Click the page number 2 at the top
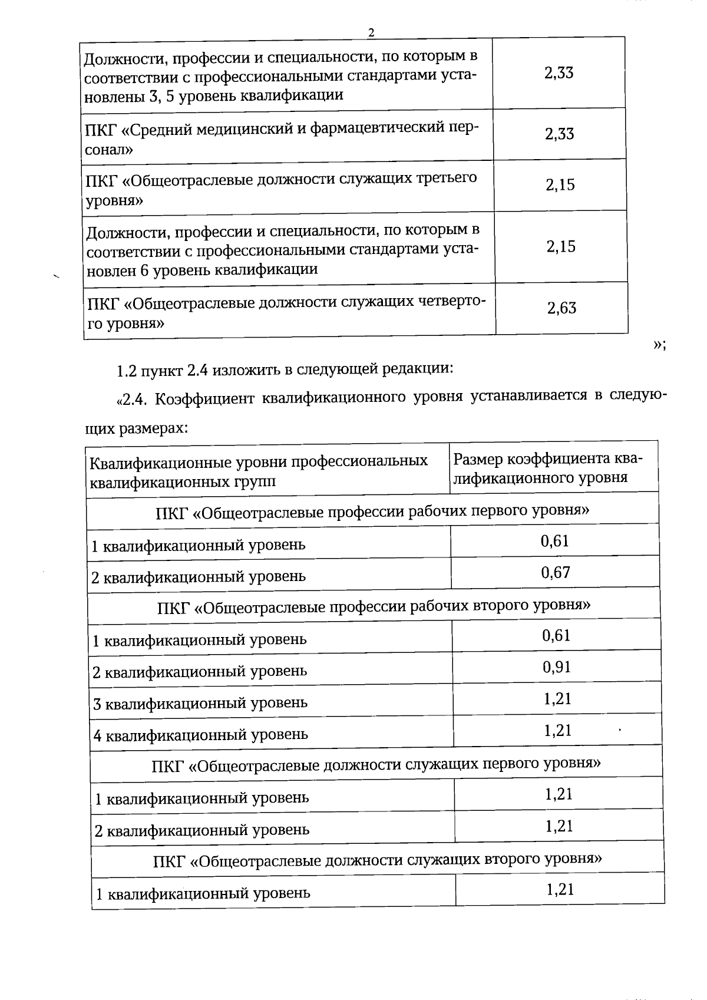click(x=371, y=33)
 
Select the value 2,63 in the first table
click(x=561, y=308)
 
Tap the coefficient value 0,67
click(x=556, y=572)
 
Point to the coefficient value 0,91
click(x=557, y=667)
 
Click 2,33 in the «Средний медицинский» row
click(x=559, y=134)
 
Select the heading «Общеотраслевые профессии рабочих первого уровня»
click(x=372, y=510)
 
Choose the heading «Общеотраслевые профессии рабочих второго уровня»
click(x=374, y=605)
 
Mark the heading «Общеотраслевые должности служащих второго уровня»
click(x=378, y=859)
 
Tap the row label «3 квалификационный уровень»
click(x=200, y=703)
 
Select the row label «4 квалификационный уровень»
click(x=201, y=735)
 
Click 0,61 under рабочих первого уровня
click(x=555, y=540)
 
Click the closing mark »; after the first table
click(x=659, y=346)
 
